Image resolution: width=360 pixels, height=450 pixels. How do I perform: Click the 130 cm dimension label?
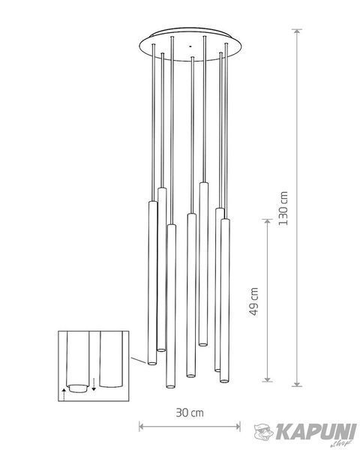pyautogui.click(x=283, y=208)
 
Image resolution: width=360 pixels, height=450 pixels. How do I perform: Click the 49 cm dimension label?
pyautogui.click(x=253, y=301)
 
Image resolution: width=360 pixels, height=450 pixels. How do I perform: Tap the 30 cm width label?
pyautogui.click(x=190, y=412)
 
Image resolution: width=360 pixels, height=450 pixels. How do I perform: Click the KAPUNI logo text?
pyautogui.click(x=316, y=432)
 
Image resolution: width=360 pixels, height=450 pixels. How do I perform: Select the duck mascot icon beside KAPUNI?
pyautogui.click(x=265, y=431)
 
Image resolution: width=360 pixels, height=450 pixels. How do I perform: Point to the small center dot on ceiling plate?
pyautogui.click(x=190, y=46)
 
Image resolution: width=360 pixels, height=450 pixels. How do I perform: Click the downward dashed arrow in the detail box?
pyautogui.click(x=94, y=385)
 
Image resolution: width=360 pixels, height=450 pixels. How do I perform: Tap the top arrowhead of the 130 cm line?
pyautogui.click(x=297, y=31)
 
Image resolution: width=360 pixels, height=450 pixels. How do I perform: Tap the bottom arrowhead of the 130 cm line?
pyautogui.click(x=297, y=384)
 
